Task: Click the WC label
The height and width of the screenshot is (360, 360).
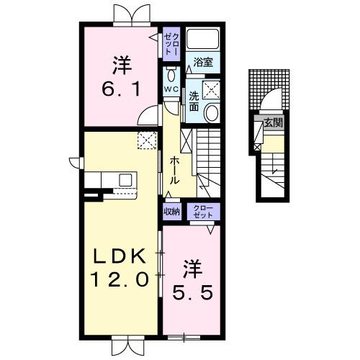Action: pyautogui.click(x=171, y=89)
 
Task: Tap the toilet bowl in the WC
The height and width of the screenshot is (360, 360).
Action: pyautogui.click(x=171, y=75)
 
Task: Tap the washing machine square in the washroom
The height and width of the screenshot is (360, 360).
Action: pyautogui.click(x=212, y=89)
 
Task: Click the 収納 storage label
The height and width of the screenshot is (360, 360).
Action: pyautogui.click(x=171, y=211)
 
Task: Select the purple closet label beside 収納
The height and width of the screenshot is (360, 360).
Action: pyautogui.click(x=202, y=211)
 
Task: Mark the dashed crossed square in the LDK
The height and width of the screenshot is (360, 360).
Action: pyautogui.click(x=147, y=141)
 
